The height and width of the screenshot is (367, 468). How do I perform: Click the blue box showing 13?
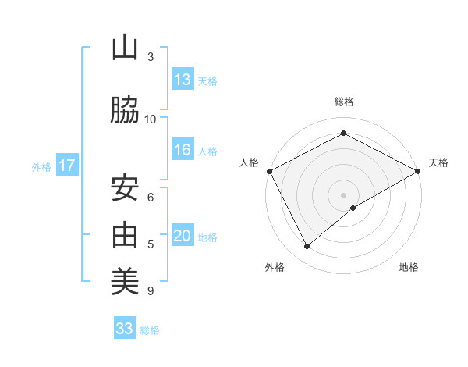pyautogui.click(x=183, y=80)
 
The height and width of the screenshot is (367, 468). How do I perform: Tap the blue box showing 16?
pyautogui.click(x=183, y=151)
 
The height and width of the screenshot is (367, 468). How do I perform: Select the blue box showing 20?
pyautogui.click(x=183, y=237)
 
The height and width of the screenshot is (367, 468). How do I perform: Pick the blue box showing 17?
pyautogui.click(x=67, y=166)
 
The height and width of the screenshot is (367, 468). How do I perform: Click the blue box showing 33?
pyautogui.click(x=125, y=329)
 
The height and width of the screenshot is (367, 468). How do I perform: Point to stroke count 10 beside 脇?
pyautogui.click(x=151, y=119)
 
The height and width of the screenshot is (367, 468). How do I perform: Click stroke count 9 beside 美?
pyautogui.click(x=150, y=291)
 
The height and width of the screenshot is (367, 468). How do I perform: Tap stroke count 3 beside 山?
pyautogui.click(x=150, y=57)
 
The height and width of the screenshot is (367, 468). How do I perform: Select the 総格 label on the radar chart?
pyautogui.click(x=343, y=102)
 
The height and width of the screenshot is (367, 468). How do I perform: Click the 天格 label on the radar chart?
pyautogui.click(x=438, y=162)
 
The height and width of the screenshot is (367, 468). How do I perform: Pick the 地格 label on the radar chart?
pyautogui.click(x=409, y=267)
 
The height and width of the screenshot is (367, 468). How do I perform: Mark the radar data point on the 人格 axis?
pyautogui.click(x=269, y=170)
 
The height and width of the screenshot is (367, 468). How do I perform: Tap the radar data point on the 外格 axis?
pyautogui.click(x=307, y=247)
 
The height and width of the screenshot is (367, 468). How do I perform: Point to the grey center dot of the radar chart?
pyautogui.click(x=343, y=194)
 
